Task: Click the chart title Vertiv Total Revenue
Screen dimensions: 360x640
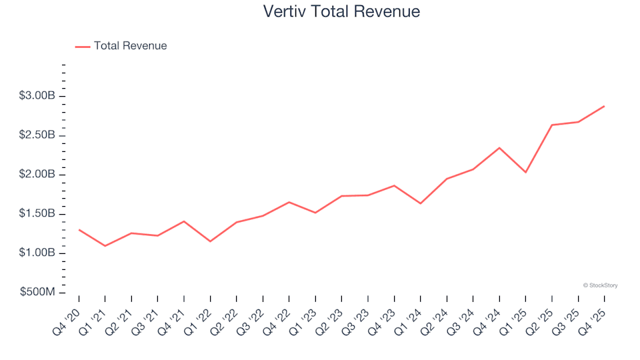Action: click(x=341, y=11)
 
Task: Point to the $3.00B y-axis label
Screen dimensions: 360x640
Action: click(x=37, y=96)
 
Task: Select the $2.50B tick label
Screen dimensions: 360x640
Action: click(x=37, y=135)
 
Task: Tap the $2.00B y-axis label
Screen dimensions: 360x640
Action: click(x=37, y=175)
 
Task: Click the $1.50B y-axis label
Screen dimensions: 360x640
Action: click(x=37, y=214)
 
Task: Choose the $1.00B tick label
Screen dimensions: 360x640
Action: click(x=37, y=253)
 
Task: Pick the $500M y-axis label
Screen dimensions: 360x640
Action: click(x=39, y=293)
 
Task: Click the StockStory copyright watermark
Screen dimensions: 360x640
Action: click(x=600, y=285)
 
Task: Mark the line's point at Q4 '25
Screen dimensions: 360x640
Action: click(x=604, y=106)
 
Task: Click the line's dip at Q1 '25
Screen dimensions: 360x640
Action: click(x=525, y=173)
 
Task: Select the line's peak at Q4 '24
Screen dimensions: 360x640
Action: click(x=499, y=148)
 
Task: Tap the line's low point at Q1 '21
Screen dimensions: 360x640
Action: click(x=105, y=246)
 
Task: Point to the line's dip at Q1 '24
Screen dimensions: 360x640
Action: click(x=421, y=203)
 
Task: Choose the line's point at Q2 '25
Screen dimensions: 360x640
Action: click(x=552, y=125)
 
